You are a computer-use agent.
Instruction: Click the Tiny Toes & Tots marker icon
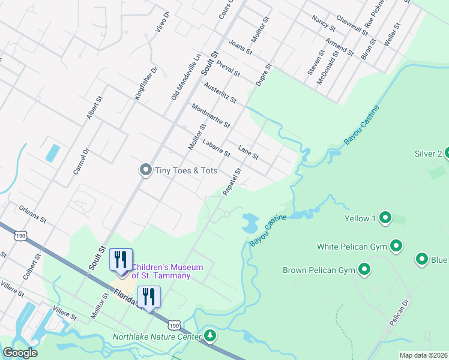tap(145, 170)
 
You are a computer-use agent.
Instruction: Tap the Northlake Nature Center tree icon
tap(209, 335)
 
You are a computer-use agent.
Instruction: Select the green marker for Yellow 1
tap(385, 218)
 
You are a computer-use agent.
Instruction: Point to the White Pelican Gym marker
tap(396, 245)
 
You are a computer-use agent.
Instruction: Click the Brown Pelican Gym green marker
tap(364, 269)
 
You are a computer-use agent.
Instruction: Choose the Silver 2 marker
tap(448, 154)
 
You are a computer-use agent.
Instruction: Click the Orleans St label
tap(32, 214)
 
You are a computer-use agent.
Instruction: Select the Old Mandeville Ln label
tap(185, 77)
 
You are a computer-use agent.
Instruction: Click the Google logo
tap(20, 353)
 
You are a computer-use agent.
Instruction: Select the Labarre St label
tap(216, 148)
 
